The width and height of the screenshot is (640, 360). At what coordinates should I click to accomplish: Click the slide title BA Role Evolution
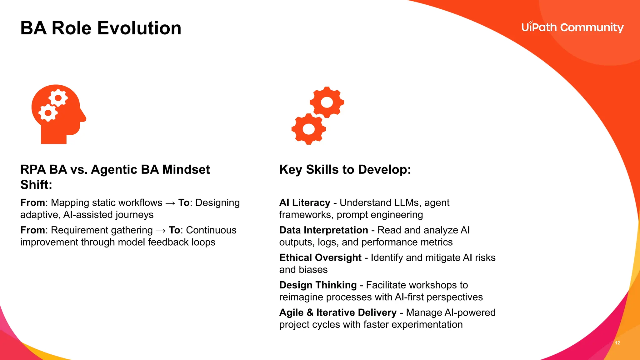[101, 28]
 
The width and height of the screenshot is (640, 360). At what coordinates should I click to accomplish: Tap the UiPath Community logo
[572, 27]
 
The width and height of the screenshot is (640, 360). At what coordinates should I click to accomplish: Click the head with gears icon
[58, 114]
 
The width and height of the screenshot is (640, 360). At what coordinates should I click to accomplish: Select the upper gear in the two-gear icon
[327, 102]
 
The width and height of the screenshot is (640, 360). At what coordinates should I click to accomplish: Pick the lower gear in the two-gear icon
[309, 129]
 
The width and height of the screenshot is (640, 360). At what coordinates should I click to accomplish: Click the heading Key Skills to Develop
[345, 169]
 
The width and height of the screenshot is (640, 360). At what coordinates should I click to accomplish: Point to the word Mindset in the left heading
[186, 169]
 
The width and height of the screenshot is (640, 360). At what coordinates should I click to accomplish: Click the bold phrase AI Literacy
[305, 203]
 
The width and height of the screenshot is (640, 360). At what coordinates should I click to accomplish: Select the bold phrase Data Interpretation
[323, 230]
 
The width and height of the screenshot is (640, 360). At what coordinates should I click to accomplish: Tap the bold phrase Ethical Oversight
[320, 258]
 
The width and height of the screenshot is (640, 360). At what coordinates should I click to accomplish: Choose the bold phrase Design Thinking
[318, 285]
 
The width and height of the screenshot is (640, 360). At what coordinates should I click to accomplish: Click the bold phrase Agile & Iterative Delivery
[338, 312]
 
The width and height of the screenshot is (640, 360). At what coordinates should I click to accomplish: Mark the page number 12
[617, 343]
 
